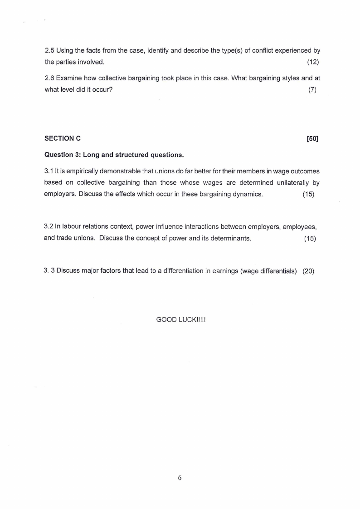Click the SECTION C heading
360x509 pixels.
(63, 138)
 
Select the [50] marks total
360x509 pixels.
(312, 138)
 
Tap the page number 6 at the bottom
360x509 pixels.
(180, 477)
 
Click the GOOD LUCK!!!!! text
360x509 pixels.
(181, 319)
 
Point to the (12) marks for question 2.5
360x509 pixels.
(313, 62)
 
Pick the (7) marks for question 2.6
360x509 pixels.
(312, 89)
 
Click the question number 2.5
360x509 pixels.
(49, 50)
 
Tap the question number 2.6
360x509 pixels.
(49, 78)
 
